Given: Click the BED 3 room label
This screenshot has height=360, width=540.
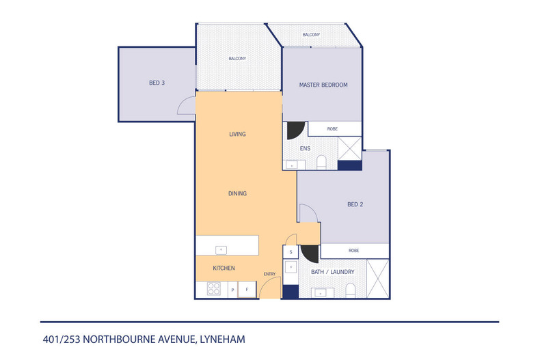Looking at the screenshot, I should point(157,83).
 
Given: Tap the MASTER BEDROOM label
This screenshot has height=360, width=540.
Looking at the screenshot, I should point(323,85).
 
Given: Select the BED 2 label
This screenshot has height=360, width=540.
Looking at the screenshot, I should point(355,204).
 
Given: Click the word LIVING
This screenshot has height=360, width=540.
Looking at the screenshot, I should point(237,134).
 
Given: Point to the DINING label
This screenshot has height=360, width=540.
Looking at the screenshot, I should point(237,193).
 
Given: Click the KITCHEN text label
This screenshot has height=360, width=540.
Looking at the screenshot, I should point(224,268).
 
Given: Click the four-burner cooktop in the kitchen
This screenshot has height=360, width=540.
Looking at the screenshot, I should point(213,290).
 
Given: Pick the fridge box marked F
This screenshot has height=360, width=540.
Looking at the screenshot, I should point(247,290).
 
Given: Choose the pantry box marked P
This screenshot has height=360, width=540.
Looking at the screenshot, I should point(232,290).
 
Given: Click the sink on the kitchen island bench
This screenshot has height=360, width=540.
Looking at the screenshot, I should point(220,249).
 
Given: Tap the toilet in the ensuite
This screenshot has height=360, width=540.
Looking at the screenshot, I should point(321,162).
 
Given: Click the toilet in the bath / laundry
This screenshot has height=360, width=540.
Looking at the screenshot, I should point(350,292).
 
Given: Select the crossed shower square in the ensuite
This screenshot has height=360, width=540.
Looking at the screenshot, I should point(350,148).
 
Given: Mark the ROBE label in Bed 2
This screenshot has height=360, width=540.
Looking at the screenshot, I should point(353,251).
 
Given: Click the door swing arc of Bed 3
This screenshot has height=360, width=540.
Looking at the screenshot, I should point(185,104).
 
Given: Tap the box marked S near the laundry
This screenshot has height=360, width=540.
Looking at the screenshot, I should point(291,252).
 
